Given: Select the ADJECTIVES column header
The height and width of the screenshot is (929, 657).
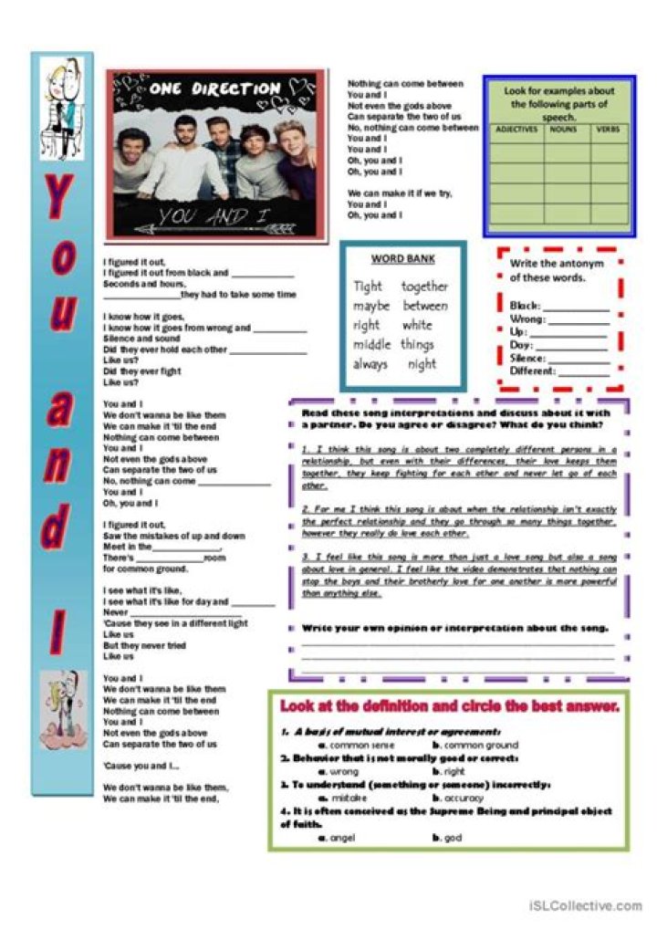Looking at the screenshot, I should click(516, 130).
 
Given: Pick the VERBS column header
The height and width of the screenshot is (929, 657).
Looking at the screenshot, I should click(609, 130).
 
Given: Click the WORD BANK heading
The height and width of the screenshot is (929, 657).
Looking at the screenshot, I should click(401, 258).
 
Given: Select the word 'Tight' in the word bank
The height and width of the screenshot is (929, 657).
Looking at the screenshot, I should click(368, 287).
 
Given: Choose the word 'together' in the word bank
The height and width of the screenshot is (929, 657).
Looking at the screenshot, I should click(424, 287).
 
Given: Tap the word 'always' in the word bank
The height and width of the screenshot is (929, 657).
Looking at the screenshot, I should click(370, 364).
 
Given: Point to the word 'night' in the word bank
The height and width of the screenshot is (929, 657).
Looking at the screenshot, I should click(422, 364).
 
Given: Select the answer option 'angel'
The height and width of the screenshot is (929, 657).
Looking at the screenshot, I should click(343, 837).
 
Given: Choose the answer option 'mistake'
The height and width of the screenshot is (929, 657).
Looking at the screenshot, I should click(349, 798).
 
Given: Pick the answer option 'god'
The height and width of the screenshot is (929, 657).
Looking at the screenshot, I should click(454, 837).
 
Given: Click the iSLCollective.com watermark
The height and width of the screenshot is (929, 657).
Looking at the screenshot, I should click(584, 905).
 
